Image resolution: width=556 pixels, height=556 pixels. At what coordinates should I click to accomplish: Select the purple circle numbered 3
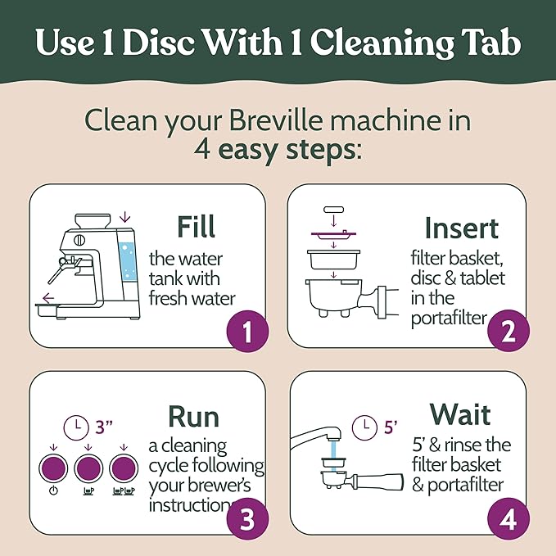(x=245, y=519)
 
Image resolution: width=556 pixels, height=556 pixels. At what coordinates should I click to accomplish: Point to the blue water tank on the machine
(x=129, y=260)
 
